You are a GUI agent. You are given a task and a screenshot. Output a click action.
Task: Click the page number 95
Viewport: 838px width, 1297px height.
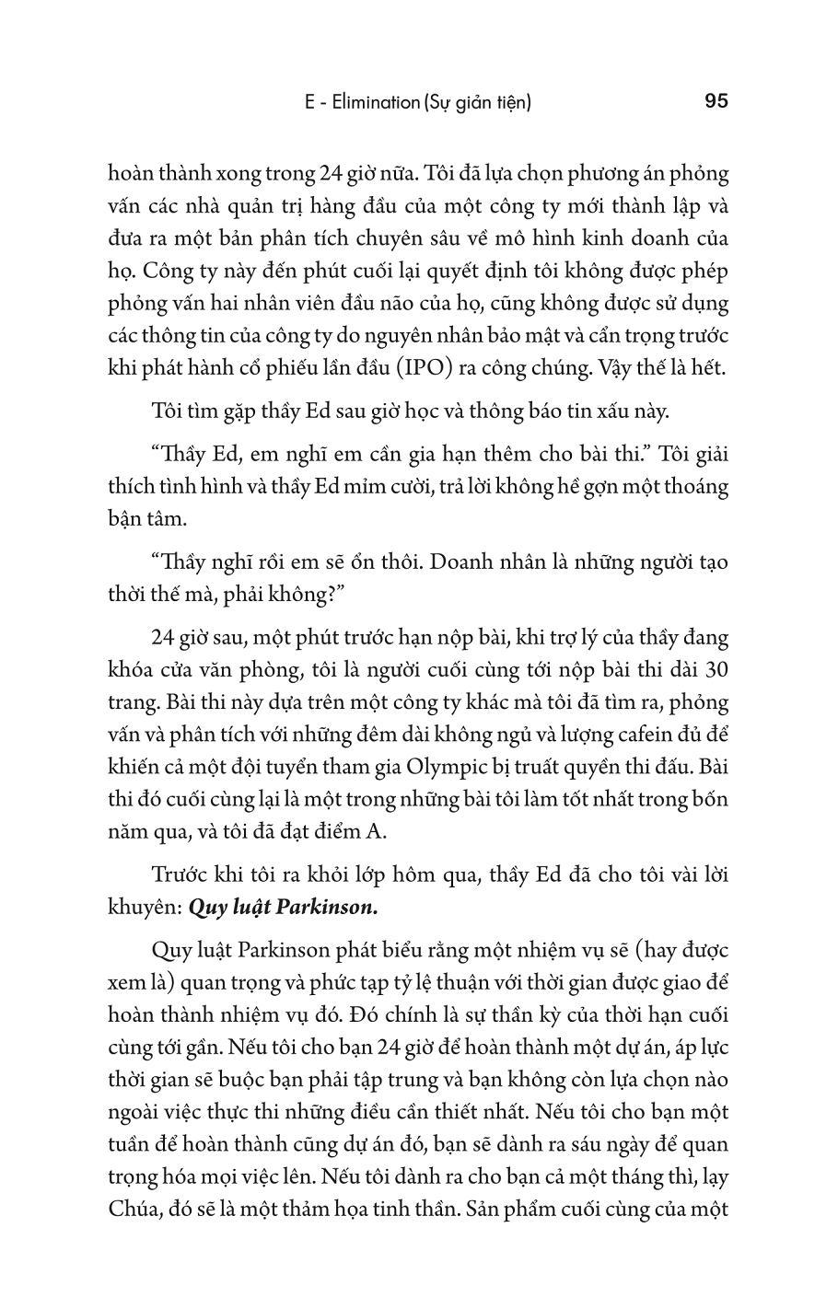click(716, 101)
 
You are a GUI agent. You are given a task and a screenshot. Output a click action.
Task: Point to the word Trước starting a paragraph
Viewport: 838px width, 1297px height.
click(180, 874)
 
